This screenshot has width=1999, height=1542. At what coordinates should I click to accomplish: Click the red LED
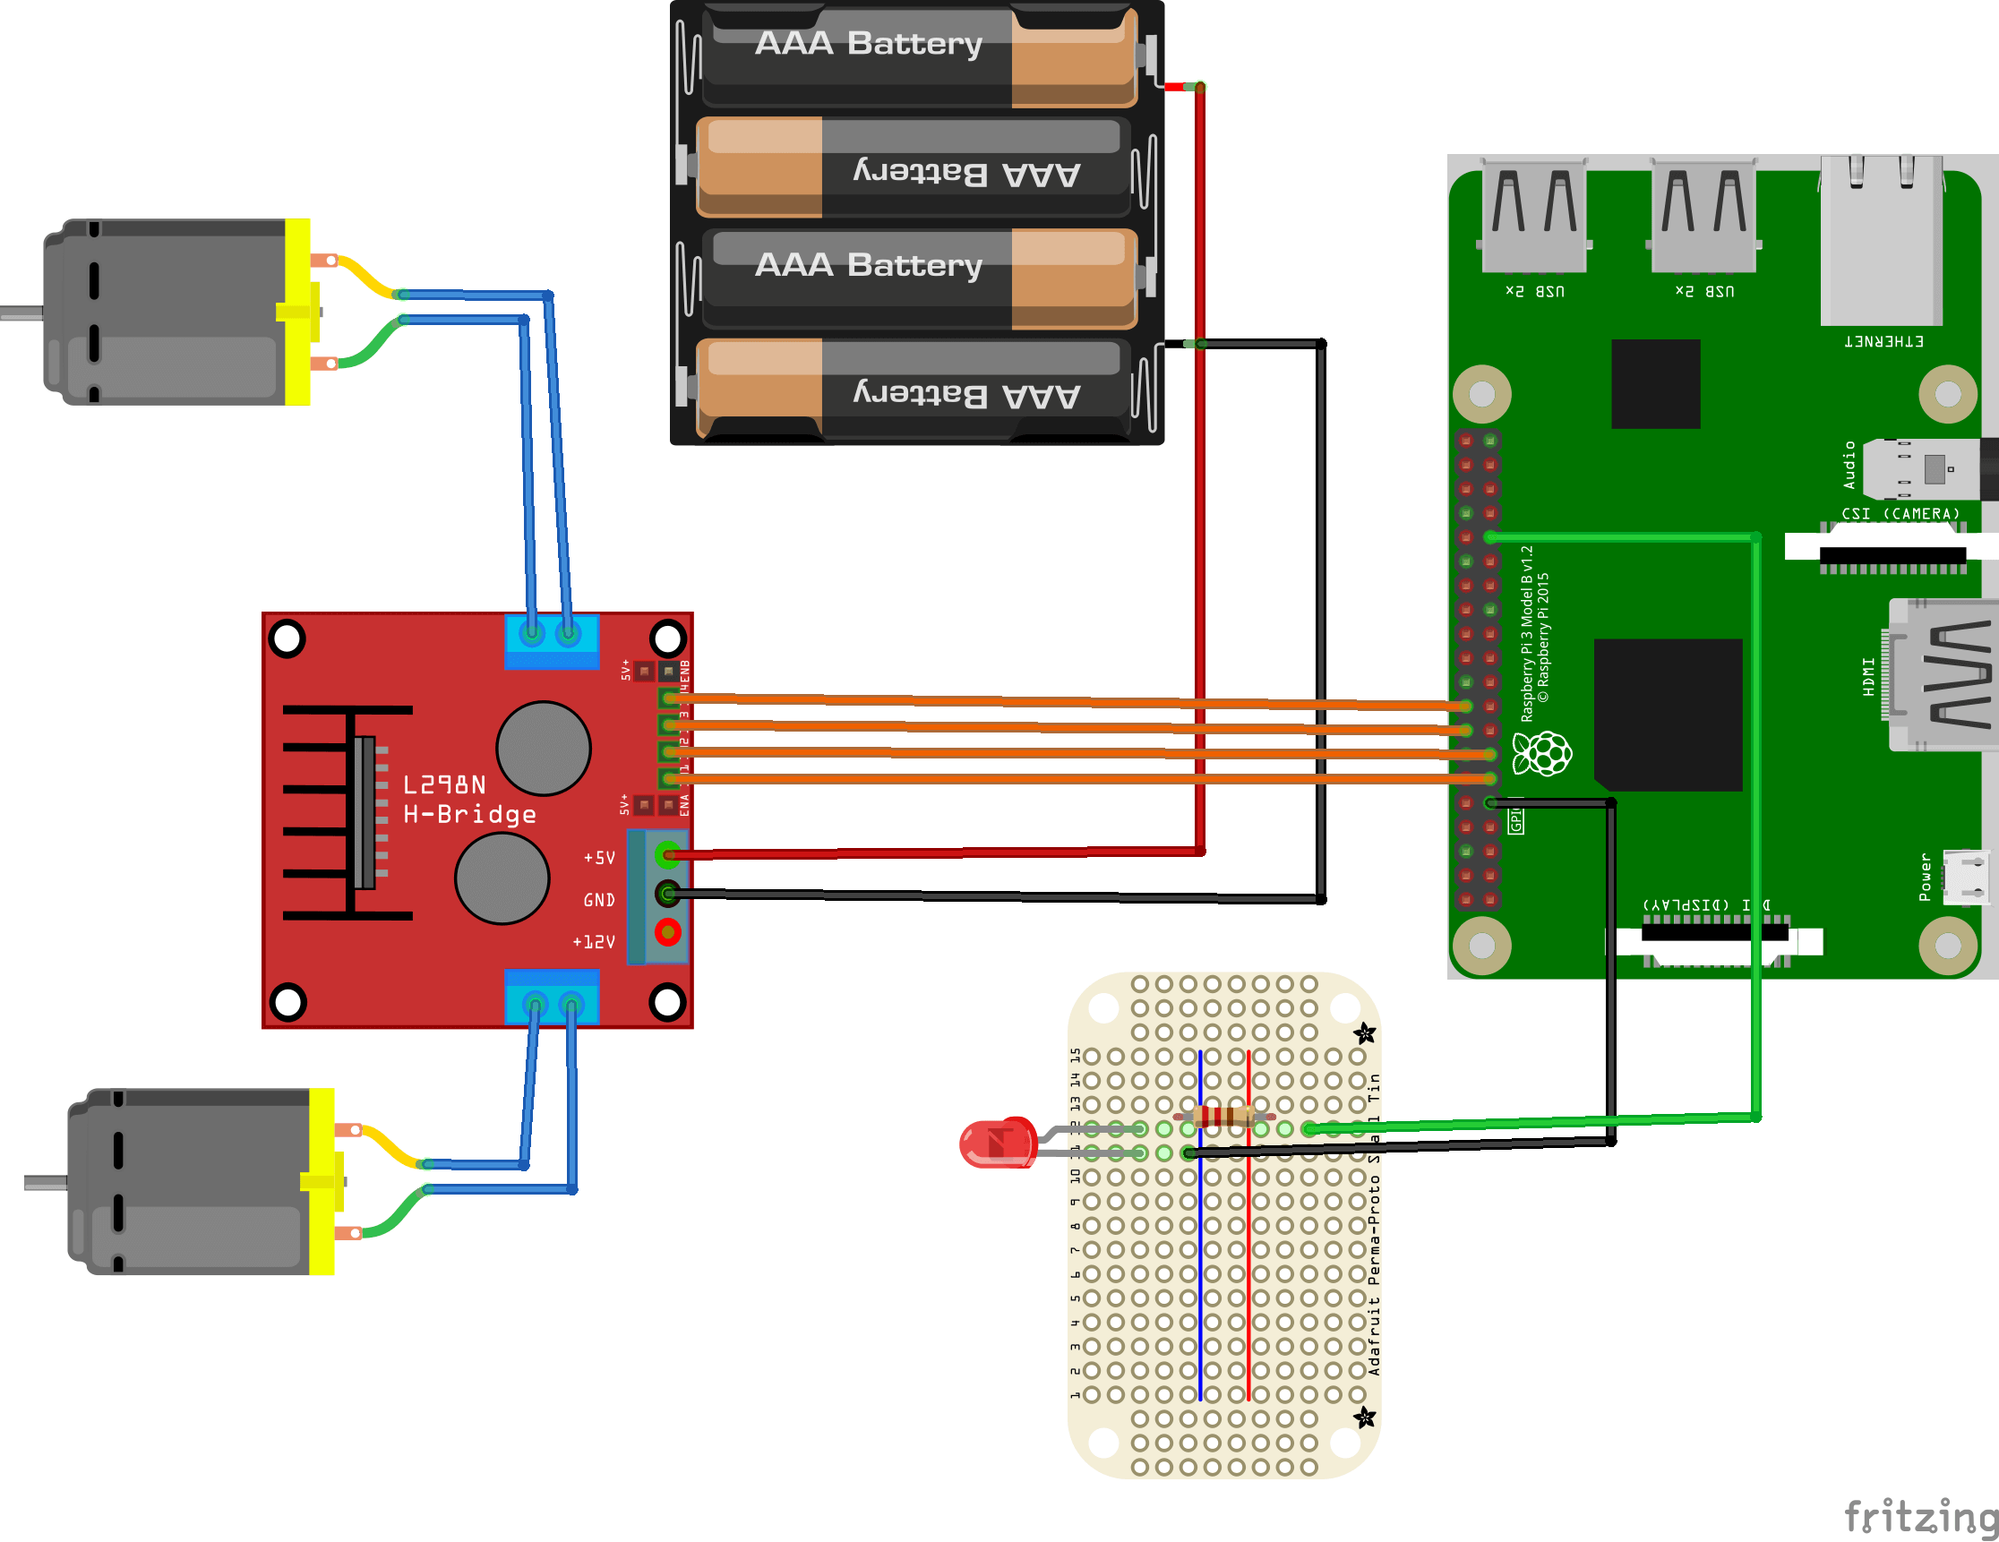pyautogui.click(x=996, y=1142)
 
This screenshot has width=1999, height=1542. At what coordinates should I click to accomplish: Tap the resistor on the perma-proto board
pyautogui.click(x=1224, y=1116)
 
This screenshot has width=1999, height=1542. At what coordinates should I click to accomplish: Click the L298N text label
pyautogui.click(x=445, y=785)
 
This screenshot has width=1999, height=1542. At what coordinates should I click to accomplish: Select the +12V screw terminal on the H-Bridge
pyautogui.click(x=668, y=932)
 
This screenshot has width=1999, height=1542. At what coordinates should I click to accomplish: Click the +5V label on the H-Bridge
pyautogui.click(x=599, y=858)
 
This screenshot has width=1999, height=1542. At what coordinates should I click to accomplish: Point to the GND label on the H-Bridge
pyautogui.click(x=599, y=901)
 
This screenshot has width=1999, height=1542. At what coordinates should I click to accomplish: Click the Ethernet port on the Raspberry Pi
pyautogui.click(x=1882, y=240)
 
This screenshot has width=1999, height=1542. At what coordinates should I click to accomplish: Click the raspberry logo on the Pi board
pyautogui.click(x=1542, y=753)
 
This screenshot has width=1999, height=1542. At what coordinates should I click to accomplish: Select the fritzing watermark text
pyautogui.click(x=1919, y=1516)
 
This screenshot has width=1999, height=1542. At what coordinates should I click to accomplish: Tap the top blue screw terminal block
pyautogui.click(x=552, y=639)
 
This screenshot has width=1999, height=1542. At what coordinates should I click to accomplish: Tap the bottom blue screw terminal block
pyautogui.click(x=552, y=998)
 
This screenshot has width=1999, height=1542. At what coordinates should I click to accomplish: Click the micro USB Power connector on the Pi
pyautogui.click(x=1965, y=877)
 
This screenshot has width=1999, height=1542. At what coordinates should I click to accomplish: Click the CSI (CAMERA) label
pyautogui.click(x=1900, y=514)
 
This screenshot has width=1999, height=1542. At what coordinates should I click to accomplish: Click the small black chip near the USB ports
pyautogui.click(x=1655, y=383)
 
